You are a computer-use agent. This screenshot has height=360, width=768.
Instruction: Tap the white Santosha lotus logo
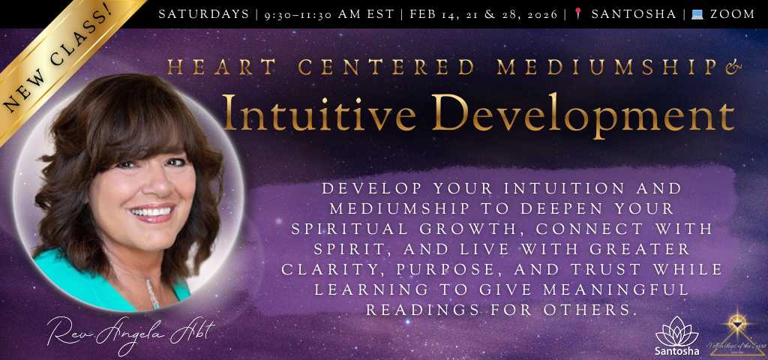676,332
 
